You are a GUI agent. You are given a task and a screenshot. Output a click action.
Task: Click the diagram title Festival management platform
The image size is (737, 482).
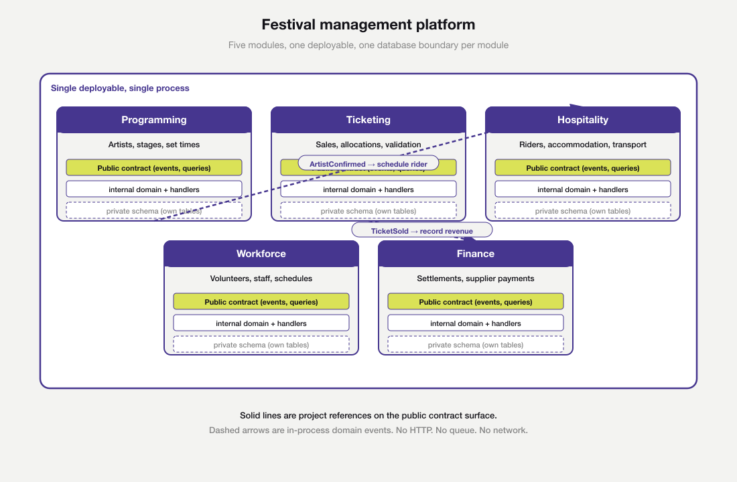368,25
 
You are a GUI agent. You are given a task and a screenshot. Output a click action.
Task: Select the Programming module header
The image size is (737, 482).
154,120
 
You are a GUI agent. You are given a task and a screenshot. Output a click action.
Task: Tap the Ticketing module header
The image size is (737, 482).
368,120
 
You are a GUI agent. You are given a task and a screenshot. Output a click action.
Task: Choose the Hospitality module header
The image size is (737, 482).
582,120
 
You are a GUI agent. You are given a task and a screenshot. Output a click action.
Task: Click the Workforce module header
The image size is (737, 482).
261,254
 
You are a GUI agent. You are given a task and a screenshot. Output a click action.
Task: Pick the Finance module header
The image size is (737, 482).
475,254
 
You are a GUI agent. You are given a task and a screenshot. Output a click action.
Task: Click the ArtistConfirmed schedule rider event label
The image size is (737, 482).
368,163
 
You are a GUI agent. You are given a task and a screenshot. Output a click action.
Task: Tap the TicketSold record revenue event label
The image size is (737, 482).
421,230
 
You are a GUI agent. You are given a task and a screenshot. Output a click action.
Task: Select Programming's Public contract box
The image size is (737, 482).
154,168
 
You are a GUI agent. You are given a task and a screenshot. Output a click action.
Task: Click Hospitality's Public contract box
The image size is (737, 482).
582,168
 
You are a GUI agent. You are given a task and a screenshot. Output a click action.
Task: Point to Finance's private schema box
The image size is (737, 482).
475,345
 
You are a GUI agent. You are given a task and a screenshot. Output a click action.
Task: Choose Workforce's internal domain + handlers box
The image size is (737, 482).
261,323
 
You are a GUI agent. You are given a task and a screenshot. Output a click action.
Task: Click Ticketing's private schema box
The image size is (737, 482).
368,211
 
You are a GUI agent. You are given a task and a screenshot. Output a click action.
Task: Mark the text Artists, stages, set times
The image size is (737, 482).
154,145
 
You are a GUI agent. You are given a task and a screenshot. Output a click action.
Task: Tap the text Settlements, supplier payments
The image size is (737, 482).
475,278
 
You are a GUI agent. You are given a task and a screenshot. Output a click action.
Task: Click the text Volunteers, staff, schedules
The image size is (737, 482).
261,278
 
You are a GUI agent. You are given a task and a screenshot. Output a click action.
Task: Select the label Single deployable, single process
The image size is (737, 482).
120,88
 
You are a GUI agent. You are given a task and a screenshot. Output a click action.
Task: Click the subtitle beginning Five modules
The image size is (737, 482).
368,46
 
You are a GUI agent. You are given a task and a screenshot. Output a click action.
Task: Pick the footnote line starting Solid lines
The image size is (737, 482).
368,416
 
